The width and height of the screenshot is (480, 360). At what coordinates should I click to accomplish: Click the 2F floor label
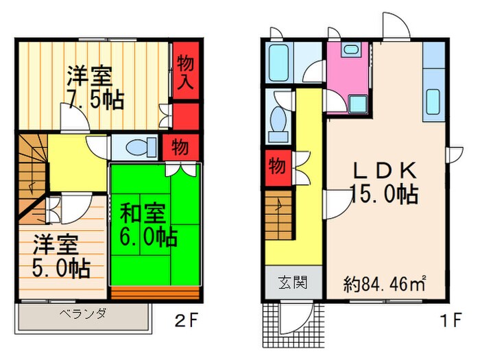click(187, 320)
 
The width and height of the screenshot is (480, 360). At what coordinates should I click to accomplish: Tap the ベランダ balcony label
click(83, 314)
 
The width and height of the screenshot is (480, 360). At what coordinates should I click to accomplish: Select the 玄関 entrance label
click(293, 283)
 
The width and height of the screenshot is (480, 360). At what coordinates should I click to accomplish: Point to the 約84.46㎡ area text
click(385, 284)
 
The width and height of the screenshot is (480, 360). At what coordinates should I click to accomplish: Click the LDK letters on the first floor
click(385, 171)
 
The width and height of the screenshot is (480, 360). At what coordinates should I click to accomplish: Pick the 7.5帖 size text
click(96, 100)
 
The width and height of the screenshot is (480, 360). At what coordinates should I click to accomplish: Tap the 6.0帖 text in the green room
click(149, 237)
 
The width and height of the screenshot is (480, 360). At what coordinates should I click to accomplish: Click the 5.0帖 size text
click(61, 268)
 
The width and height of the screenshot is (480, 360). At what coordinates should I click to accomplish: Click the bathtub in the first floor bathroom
click(278, 62)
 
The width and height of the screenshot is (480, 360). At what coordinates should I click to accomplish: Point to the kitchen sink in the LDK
click(433, 101)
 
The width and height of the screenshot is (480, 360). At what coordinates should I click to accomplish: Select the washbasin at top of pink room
click(351, 49)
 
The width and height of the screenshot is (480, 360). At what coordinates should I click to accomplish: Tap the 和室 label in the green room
click(143, 213)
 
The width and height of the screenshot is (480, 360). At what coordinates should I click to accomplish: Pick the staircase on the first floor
click(278, 215)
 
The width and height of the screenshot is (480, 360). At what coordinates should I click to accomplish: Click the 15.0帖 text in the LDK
click(385, 193)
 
